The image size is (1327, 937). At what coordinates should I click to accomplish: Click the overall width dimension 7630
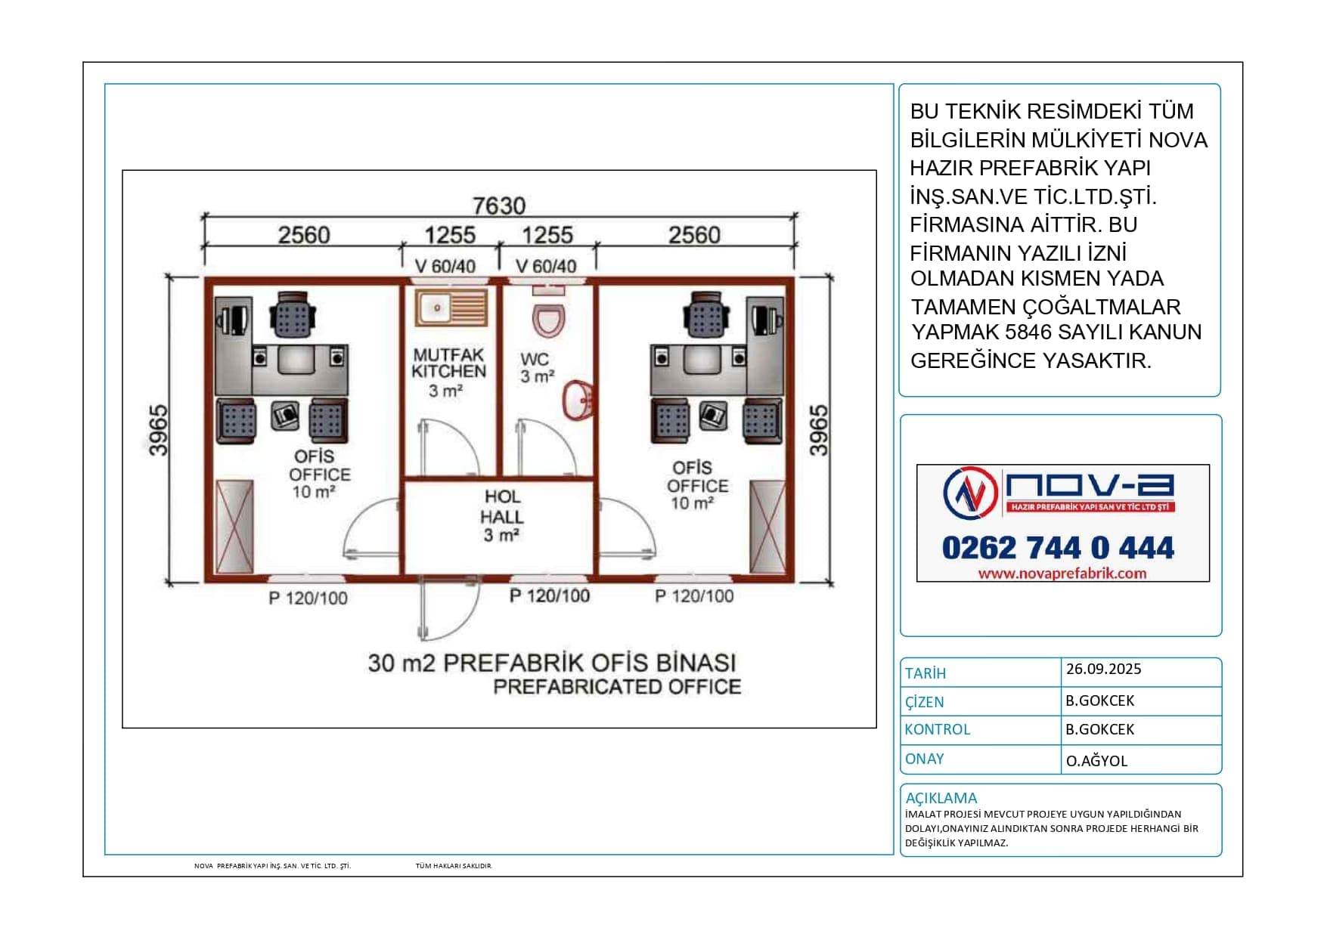pos(499,206)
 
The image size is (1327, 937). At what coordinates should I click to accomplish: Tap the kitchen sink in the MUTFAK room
pos(451,308)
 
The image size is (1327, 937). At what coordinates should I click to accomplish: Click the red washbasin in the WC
pos(578,399)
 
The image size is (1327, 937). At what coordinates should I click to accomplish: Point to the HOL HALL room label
pos(502,506)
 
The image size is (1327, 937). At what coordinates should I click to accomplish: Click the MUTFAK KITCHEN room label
pos(448,363)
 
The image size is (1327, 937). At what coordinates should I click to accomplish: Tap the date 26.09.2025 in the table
pos(1103,669)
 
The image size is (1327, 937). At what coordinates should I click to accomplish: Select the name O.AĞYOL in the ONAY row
pos(1096,761)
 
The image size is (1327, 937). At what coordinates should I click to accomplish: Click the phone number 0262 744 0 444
pos(1058,548)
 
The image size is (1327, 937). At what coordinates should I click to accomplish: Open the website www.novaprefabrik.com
pos(1062,574)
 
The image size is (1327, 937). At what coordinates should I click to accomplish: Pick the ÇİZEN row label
pos(925,702)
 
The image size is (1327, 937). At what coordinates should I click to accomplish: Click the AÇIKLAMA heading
pos(941,798)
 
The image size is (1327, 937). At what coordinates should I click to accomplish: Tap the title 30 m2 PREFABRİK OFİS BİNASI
pos(552,663)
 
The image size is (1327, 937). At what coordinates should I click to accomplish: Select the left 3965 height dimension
pos(158,431)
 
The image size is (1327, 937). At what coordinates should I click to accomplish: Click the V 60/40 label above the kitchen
pos(445,266)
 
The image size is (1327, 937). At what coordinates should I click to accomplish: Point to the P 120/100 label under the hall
pos(550,595)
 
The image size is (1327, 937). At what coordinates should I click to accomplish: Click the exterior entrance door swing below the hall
pos(449,609)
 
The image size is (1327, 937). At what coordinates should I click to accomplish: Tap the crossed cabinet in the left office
pos(234,527)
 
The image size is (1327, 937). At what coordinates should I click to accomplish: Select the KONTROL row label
pos(938,729)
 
